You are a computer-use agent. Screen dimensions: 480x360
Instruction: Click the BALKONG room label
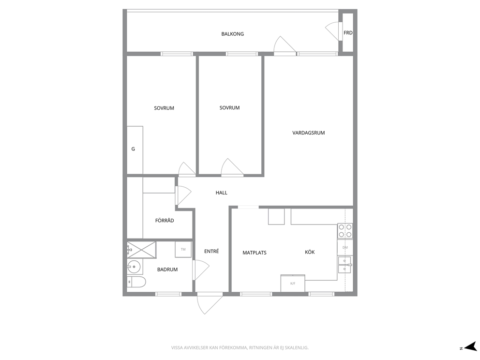point(232,34)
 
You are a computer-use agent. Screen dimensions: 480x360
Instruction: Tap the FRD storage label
point(348,33)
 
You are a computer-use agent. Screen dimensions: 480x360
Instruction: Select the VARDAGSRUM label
point(308,133)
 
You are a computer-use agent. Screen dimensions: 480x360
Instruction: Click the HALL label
point(221,193)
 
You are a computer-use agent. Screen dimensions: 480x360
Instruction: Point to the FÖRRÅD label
point(165,221)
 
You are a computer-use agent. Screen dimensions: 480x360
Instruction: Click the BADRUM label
point(167,270)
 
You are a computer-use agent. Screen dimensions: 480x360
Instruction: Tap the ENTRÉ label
point(211,251)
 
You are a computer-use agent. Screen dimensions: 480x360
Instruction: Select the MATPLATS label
point(255,253)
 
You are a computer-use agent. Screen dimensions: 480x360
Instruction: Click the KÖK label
point(310,252)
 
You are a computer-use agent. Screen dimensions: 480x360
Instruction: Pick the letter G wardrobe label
point(133,149)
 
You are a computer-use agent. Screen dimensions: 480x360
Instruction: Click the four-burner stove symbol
point(345,231)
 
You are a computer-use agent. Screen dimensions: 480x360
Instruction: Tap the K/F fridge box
point(293,283)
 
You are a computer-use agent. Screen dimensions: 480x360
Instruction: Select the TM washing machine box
point(183,249)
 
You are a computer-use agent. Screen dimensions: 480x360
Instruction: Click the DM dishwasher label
point(345,247)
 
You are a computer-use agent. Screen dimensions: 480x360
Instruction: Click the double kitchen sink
point(345,265)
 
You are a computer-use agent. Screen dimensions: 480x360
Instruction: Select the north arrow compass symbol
point(469,347)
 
